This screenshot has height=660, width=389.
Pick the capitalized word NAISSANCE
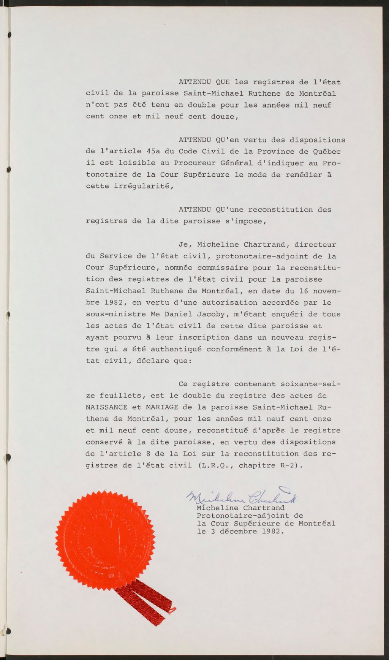tap(107, 407)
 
